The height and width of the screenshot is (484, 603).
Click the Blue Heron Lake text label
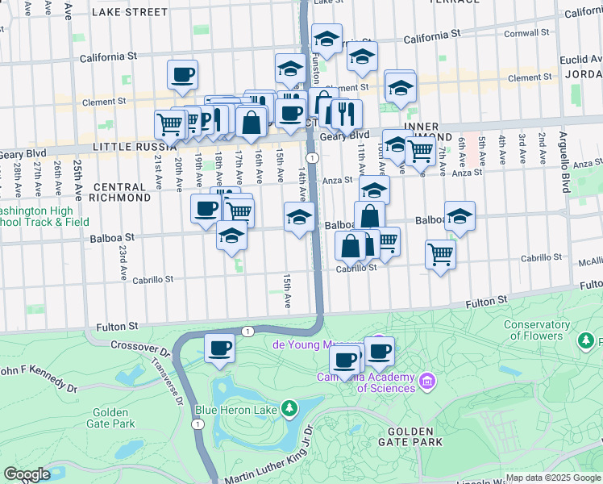pos(239,409)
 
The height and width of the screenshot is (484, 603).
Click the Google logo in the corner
pos(27,474)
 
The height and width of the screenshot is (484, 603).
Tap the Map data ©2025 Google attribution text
pos(552,478)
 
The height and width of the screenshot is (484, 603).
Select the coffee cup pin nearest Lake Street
pos(182,76)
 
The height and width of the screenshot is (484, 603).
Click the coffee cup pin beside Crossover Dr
pos(219,349)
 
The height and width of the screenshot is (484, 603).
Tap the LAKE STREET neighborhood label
pos(130,12)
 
